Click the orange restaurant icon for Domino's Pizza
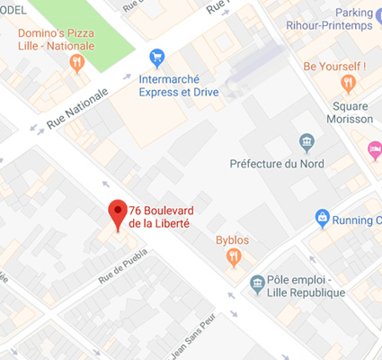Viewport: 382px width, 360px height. tap(76, 63)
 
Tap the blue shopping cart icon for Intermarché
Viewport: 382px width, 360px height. tap(156, 57)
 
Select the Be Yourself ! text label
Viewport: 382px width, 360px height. tap(334, 66)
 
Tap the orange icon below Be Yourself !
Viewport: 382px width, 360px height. tap(349, 85)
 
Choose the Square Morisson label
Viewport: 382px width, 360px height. tap(348, 112)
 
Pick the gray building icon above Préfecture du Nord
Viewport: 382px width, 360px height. tap(307, 142)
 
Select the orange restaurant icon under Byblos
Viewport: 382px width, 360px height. tap(234, 258)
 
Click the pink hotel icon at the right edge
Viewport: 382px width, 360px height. tap(375, 148)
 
